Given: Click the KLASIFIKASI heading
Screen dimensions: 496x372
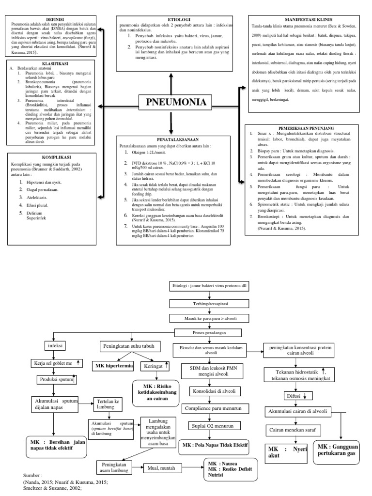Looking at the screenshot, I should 54,63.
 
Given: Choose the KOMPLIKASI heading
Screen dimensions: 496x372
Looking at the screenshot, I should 54,157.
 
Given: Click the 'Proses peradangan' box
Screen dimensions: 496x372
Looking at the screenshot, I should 209,332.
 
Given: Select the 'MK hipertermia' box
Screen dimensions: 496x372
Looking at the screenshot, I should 114,366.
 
